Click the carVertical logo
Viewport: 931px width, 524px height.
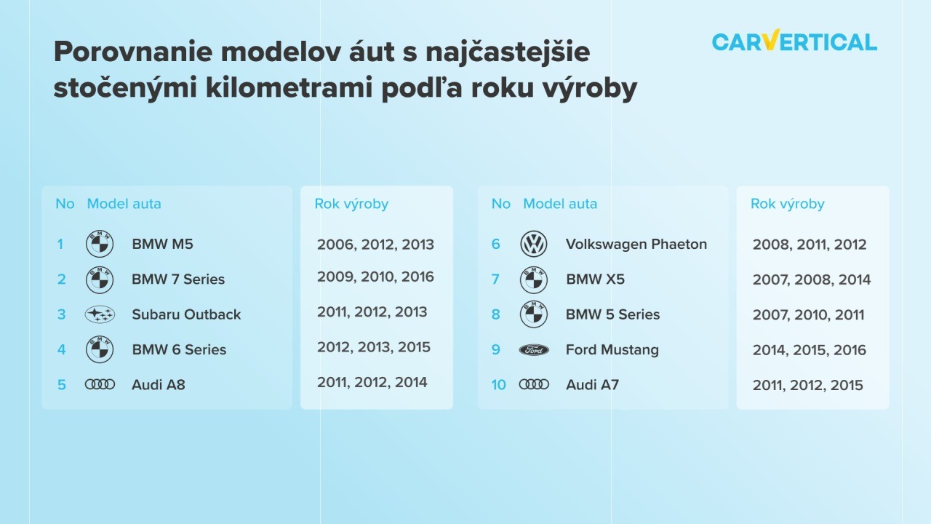pos(794,41)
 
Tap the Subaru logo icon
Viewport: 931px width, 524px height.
pos(100,314)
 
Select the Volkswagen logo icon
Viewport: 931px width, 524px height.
pos(534,244)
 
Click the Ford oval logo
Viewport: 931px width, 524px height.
pos(534,350)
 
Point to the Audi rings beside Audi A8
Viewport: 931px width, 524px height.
pos(100,384)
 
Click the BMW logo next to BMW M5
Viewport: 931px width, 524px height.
pos(100,244)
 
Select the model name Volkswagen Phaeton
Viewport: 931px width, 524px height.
pos(636,244)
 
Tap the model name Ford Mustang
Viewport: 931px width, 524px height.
pos(612,350)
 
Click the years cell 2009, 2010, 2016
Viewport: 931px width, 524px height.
pos(375,277)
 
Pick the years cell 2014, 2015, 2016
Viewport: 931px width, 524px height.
pos(810,350)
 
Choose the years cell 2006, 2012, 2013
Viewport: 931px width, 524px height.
pos(375,245)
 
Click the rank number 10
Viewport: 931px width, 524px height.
pos(498,385)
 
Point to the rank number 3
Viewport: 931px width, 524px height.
pos(62,314)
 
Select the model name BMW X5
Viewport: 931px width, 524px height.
pos(595,279)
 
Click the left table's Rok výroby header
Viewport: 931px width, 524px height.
pos(351,204)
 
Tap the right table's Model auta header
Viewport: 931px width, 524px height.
pos(560,204)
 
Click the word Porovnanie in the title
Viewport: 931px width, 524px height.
pos(133,52)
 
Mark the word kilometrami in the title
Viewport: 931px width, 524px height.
pos(289,88)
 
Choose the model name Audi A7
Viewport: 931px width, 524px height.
pos(592,385)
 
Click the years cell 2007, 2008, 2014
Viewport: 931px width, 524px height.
pos(811,279)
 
